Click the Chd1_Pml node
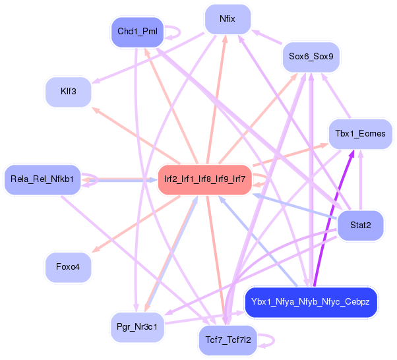coord(137,32)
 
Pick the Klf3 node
coord(67,92)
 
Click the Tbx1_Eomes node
coord(360,134)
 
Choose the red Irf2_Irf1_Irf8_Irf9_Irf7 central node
coord(204,179)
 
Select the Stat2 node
coord(360,225)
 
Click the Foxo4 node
coord(68,267)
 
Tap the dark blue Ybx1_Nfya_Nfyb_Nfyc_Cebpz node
coord(310,302)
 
